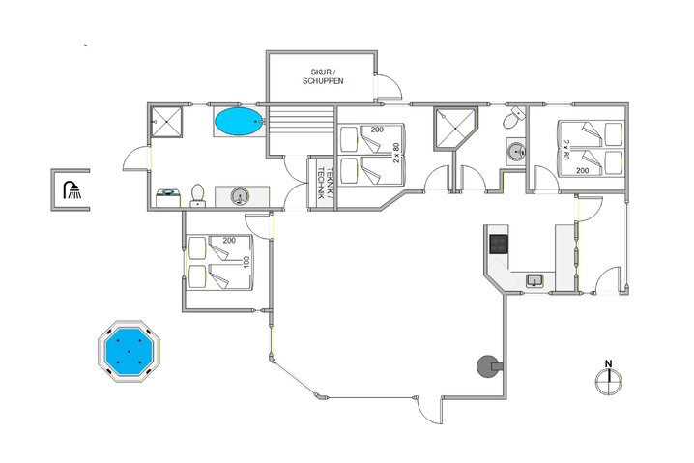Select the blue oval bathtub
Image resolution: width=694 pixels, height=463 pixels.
click(237, 122)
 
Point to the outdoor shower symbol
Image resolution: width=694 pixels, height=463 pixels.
click(72, 189)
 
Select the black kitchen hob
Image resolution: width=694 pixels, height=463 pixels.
click(499, 244)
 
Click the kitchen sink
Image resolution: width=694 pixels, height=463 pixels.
click(535, 280)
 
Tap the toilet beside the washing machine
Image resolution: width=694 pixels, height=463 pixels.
click(198, 195)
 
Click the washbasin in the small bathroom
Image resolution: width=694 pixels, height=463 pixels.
click(516, 151)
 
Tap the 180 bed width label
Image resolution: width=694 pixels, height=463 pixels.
click(246, 262)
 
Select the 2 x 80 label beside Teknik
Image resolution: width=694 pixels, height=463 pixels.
click(396, 153)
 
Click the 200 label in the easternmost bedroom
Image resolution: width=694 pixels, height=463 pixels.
click(582, 170)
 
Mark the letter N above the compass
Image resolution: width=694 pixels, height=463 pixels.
click(608, 364)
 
